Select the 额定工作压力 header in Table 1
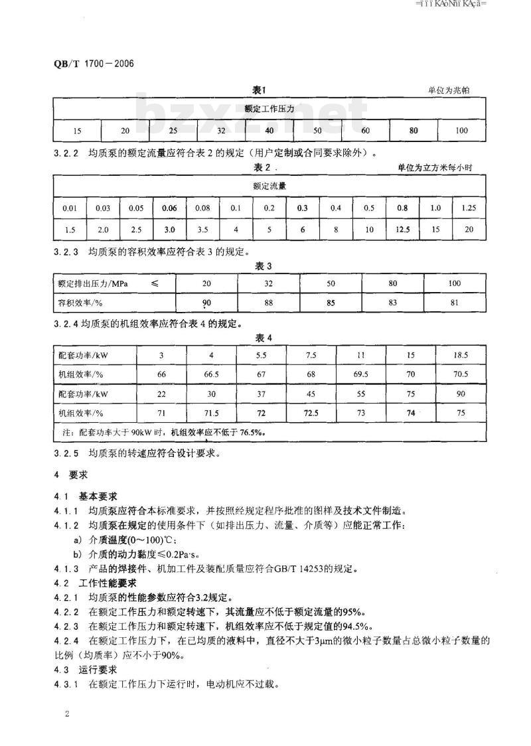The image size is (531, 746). [269, 108]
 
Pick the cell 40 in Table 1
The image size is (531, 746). [269, 130]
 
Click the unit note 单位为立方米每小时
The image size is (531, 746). [435, 168]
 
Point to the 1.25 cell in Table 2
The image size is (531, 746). [469, 208]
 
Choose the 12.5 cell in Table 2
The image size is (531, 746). [402, 229]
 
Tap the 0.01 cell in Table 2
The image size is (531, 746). [70, 208]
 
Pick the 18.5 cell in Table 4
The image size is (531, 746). [460, 355]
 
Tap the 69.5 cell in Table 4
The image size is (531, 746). [361, 374]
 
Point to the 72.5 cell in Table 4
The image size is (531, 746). [311, 413]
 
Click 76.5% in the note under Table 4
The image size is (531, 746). [250, 432]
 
